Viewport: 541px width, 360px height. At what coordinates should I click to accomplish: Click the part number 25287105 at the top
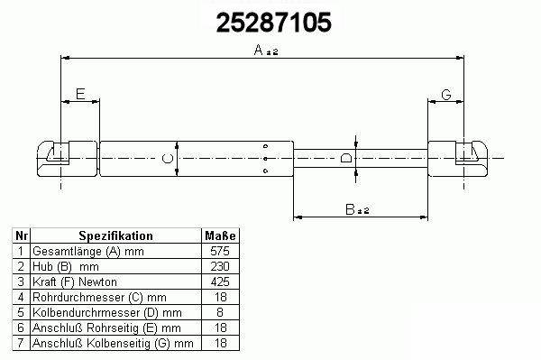[273, 23]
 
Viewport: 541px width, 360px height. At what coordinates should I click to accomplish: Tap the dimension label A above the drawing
[259, 50]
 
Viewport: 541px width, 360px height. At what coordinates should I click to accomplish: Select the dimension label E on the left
[80, 94]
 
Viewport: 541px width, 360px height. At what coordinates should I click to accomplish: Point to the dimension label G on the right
[446, 94]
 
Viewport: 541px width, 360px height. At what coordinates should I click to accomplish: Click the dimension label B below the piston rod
[350, 209]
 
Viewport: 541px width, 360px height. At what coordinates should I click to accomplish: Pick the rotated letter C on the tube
[168, 159]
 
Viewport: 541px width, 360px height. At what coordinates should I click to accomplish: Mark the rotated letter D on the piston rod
[346, 158]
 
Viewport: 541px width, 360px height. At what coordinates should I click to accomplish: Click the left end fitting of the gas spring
[68, 159]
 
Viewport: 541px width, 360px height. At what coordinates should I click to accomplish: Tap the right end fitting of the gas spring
[458, 159]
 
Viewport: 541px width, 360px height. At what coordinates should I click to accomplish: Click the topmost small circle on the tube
[265, 146]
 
